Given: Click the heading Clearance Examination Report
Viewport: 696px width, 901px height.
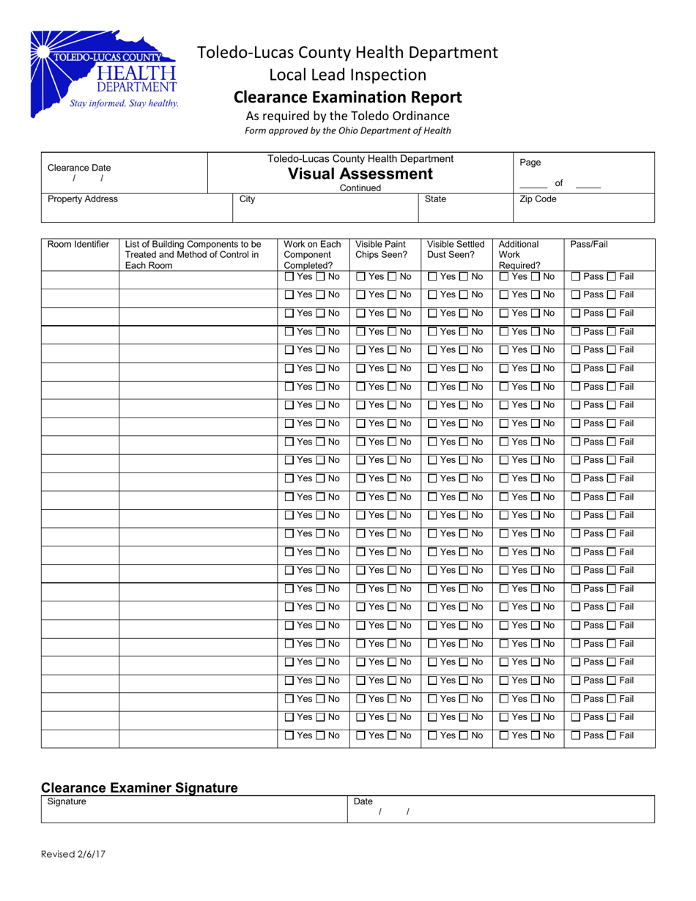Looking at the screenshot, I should [347, 97].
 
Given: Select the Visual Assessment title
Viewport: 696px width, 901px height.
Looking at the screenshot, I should [360, 174].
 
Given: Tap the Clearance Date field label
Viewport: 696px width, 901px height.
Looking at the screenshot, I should [74, 168].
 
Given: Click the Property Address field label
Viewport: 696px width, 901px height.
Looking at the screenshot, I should [73, 199].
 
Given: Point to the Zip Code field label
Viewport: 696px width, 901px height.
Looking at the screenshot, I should [538, 199].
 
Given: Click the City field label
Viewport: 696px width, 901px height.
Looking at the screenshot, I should [248, 199].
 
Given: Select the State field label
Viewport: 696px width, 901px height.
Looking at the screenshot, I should [435, 199].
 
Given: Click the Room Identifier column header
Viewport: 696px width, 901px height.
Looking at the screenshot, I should [78, 245].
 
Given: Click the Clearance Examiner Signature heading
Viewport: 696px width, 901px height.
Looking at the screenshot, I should [139, 787].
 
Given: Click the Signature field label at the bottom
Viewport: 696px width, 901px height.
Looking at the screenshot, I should [67, 802].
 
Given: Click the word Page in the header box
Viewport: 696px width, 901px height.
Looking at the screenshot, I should [529, 163].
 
